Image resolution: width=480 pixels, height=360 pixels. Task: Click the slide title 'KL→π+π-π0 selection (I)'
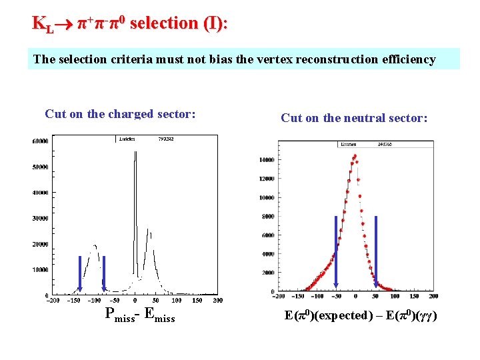tap(130, 23)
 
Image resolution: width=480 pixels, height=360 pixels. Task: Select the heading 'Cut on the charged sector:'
tap(120, 114)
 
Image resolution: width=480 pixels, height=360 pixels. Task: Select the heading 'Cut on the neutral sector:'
tap(354, 118)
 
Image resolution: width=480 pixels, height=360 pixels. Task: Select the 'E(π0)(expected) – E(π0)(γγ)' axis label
tap(361, 315)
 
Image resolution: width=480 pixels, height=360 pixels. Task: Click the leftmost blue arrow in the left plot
tap(79, 274)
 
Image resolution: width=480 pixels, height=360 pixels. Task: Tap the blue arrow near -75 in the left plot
tap(104, 274)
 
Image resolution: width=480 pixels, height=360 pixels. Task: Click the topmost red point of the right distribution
tap(355, 156)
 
